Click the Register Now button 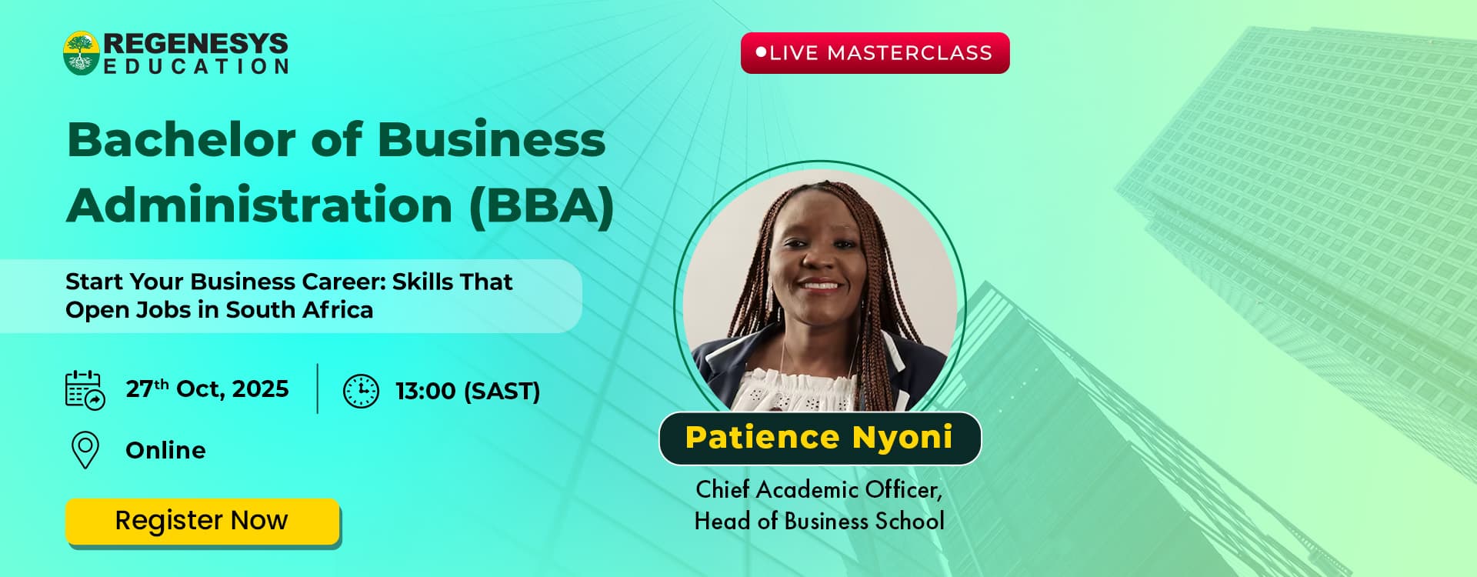pos(202,521)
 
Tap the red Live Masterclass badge pos(875,53)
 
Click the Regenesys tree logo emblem pos(82,53)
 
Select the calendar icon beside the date pos(85,390)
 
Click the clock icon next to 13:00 pos(361,391)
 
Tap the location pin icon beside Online pos(85,450)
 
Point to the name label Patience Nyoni pos(819,438)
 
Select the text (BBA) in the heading pos(542,205)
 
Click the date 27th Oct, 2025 pos(208,389)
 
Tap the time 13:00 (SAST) pos(468,391)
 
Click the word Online pos(165,450)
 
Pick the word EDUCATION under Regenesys pos(196,67)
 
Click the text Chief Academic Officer pos(819,489)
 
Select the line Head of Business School pos(819,522)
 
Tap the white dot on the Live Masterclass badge pos(762,52)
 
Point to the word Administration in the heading pos(260,205)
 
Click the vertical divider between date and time pos(318,389)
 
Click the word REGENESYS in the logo pos(196,43)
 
